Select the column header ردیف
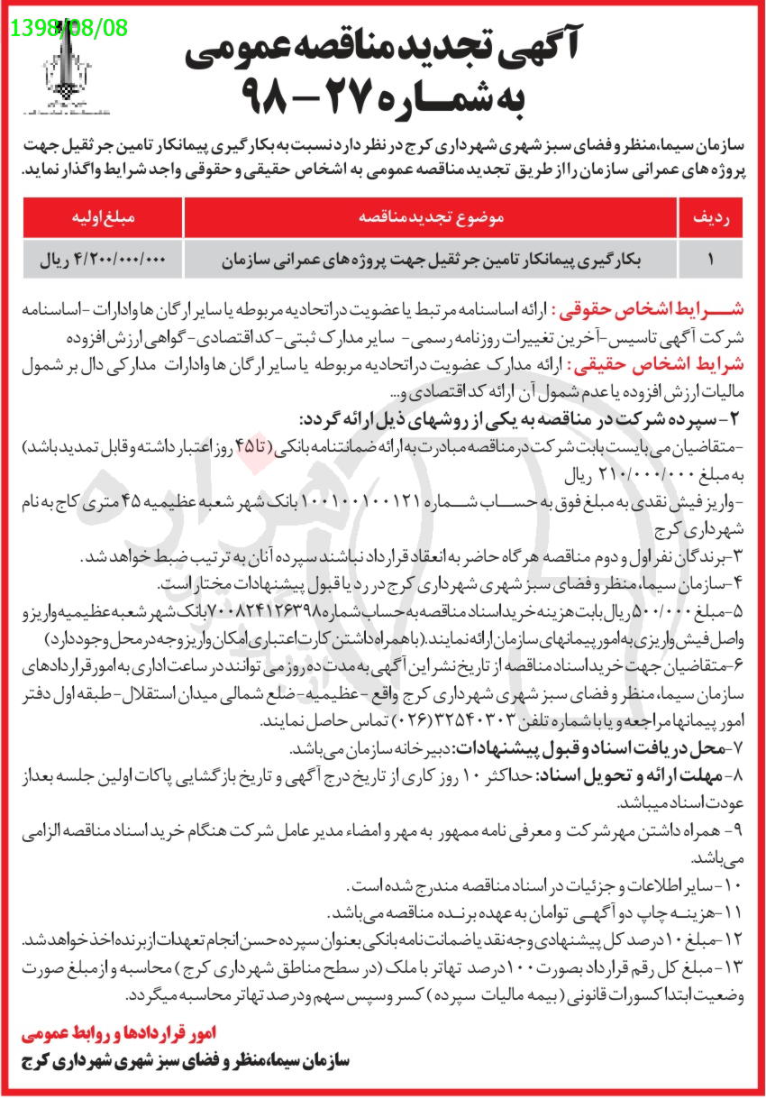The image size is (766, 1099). click(710, 217)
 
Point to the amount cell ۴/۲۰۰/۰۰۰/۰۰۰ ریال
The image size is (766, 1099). click(102, 260)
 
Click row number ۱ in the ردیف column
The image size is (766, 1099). click(710, 260)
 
